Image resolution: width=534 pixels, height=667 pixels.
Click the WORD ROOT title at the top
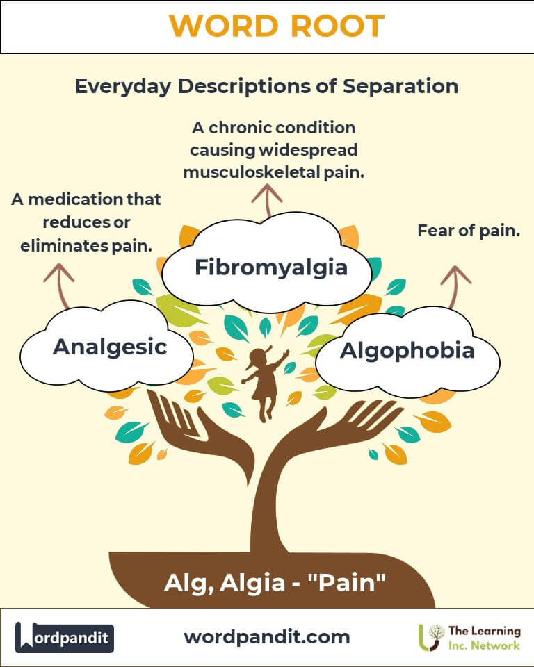pyautogui.click(x=276, y=26)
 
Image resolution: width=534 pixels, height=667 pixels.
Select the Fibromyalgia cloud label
pyautogui.click(x=270, y=267)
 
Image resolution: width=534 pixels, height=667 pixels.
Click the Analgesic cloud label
pyautogui.click(x=110, y=346)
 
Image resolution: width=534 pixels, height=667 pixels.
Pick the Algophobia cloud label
pyautogui.click(x=407, y=351)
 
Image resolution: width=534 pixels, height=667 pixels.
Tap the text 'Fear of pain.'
pyautogui.click(x=469, y=231)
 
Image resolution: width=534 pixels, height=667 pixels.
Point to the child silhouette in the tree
pyautogui.click(x=265, y=382)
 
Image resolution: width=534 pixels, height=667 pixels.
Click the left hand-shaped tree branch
pyautogui.click(x=188, y=431)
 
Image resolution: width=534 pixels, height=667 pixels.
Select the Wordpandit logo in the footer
pyautogui.click(x=64, y=636)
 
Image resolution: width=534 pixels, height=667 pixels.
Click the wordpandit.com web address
pyautogui.click(x=267, y=636)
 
